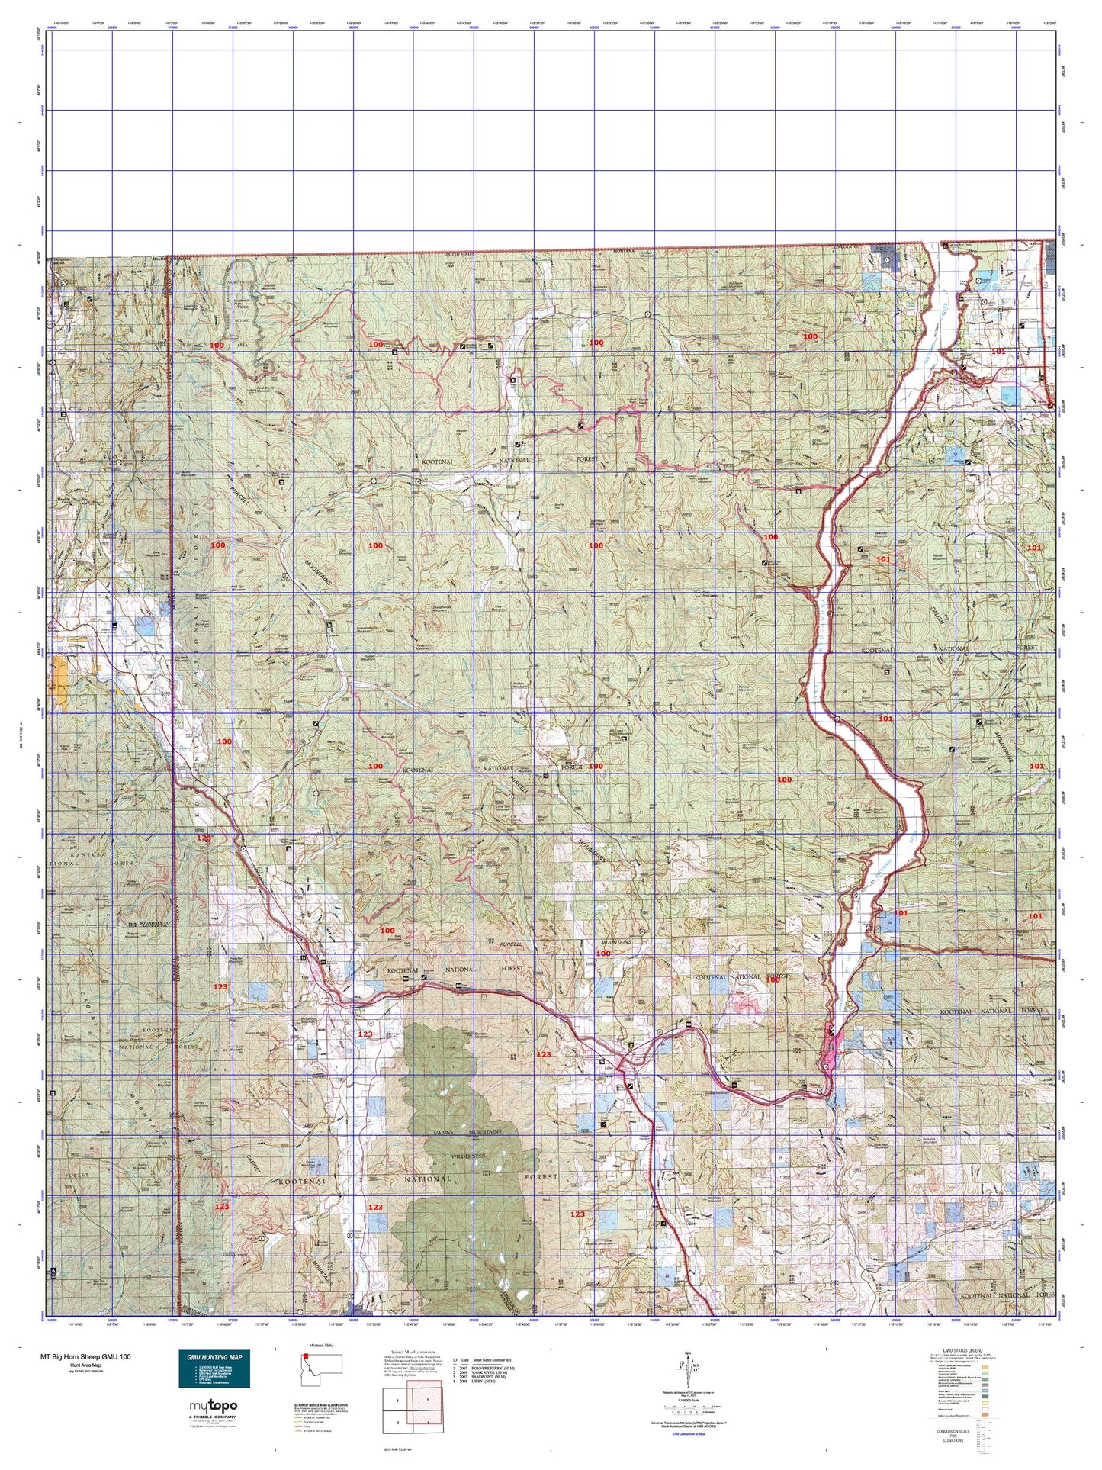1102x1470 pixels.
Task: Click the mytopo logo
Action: pos(214,1405)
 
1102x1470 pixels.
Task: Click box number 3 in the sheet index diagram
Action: pos(397,1423)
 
